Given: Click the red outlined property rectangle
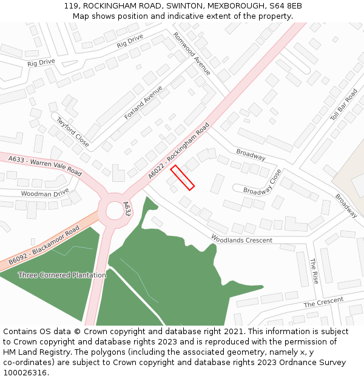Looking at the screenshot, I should click(182, 178).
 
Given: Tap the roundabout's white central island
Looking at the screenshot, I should click(115, 211).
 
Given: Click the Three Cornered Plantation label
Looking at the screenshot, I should click(62, 275).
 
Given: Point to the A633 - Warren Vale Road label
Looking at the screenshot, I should click(45, 165).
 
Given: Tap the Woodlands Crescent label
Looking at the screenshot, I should click(241, 240).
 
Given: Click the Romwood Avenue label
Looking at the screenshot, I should click(192, 54).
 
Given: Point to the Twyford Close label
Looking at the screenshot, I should click(73, 132).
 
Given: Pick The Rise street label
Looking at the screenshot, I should click(314, 271).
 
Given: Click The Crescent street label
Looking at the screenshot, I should click(323, 301).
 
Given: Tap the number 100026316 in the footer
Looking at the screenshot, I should click(25, 372).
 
